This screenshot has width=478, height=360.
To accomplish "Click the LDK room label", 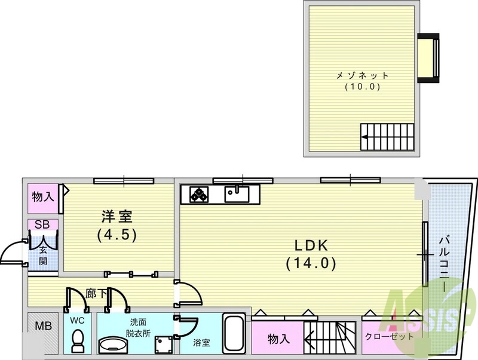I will click(x=311, y=245).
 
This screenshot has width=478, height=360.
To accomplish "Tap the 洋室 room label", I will click(x=117, y=217).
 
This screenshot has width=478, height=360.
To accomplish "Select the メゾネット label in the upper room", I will click(x=363, y=75).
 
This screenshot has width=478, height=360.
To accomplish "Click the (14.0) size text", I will click(x=311, y=263).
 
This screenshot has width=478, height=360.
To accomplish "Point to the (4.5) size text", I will click(x=117, y=235).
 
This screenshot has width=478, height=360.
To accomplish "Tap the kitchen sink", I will click(x=237, y=194).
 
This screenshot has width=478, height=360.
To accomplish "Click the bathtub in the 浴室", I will click(x=233, y=334).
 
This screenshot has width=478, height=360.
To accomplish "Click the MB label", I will click(x=43, y=326).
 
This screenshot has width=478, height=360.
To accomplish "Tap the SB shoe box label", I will click(x=42, y=224).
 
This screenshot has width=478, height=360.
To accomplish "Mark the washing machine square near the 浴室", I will click(x=163, y=343).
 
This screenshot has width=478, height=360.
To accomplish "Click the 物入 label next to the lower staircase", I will click(x=278, y=339).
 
